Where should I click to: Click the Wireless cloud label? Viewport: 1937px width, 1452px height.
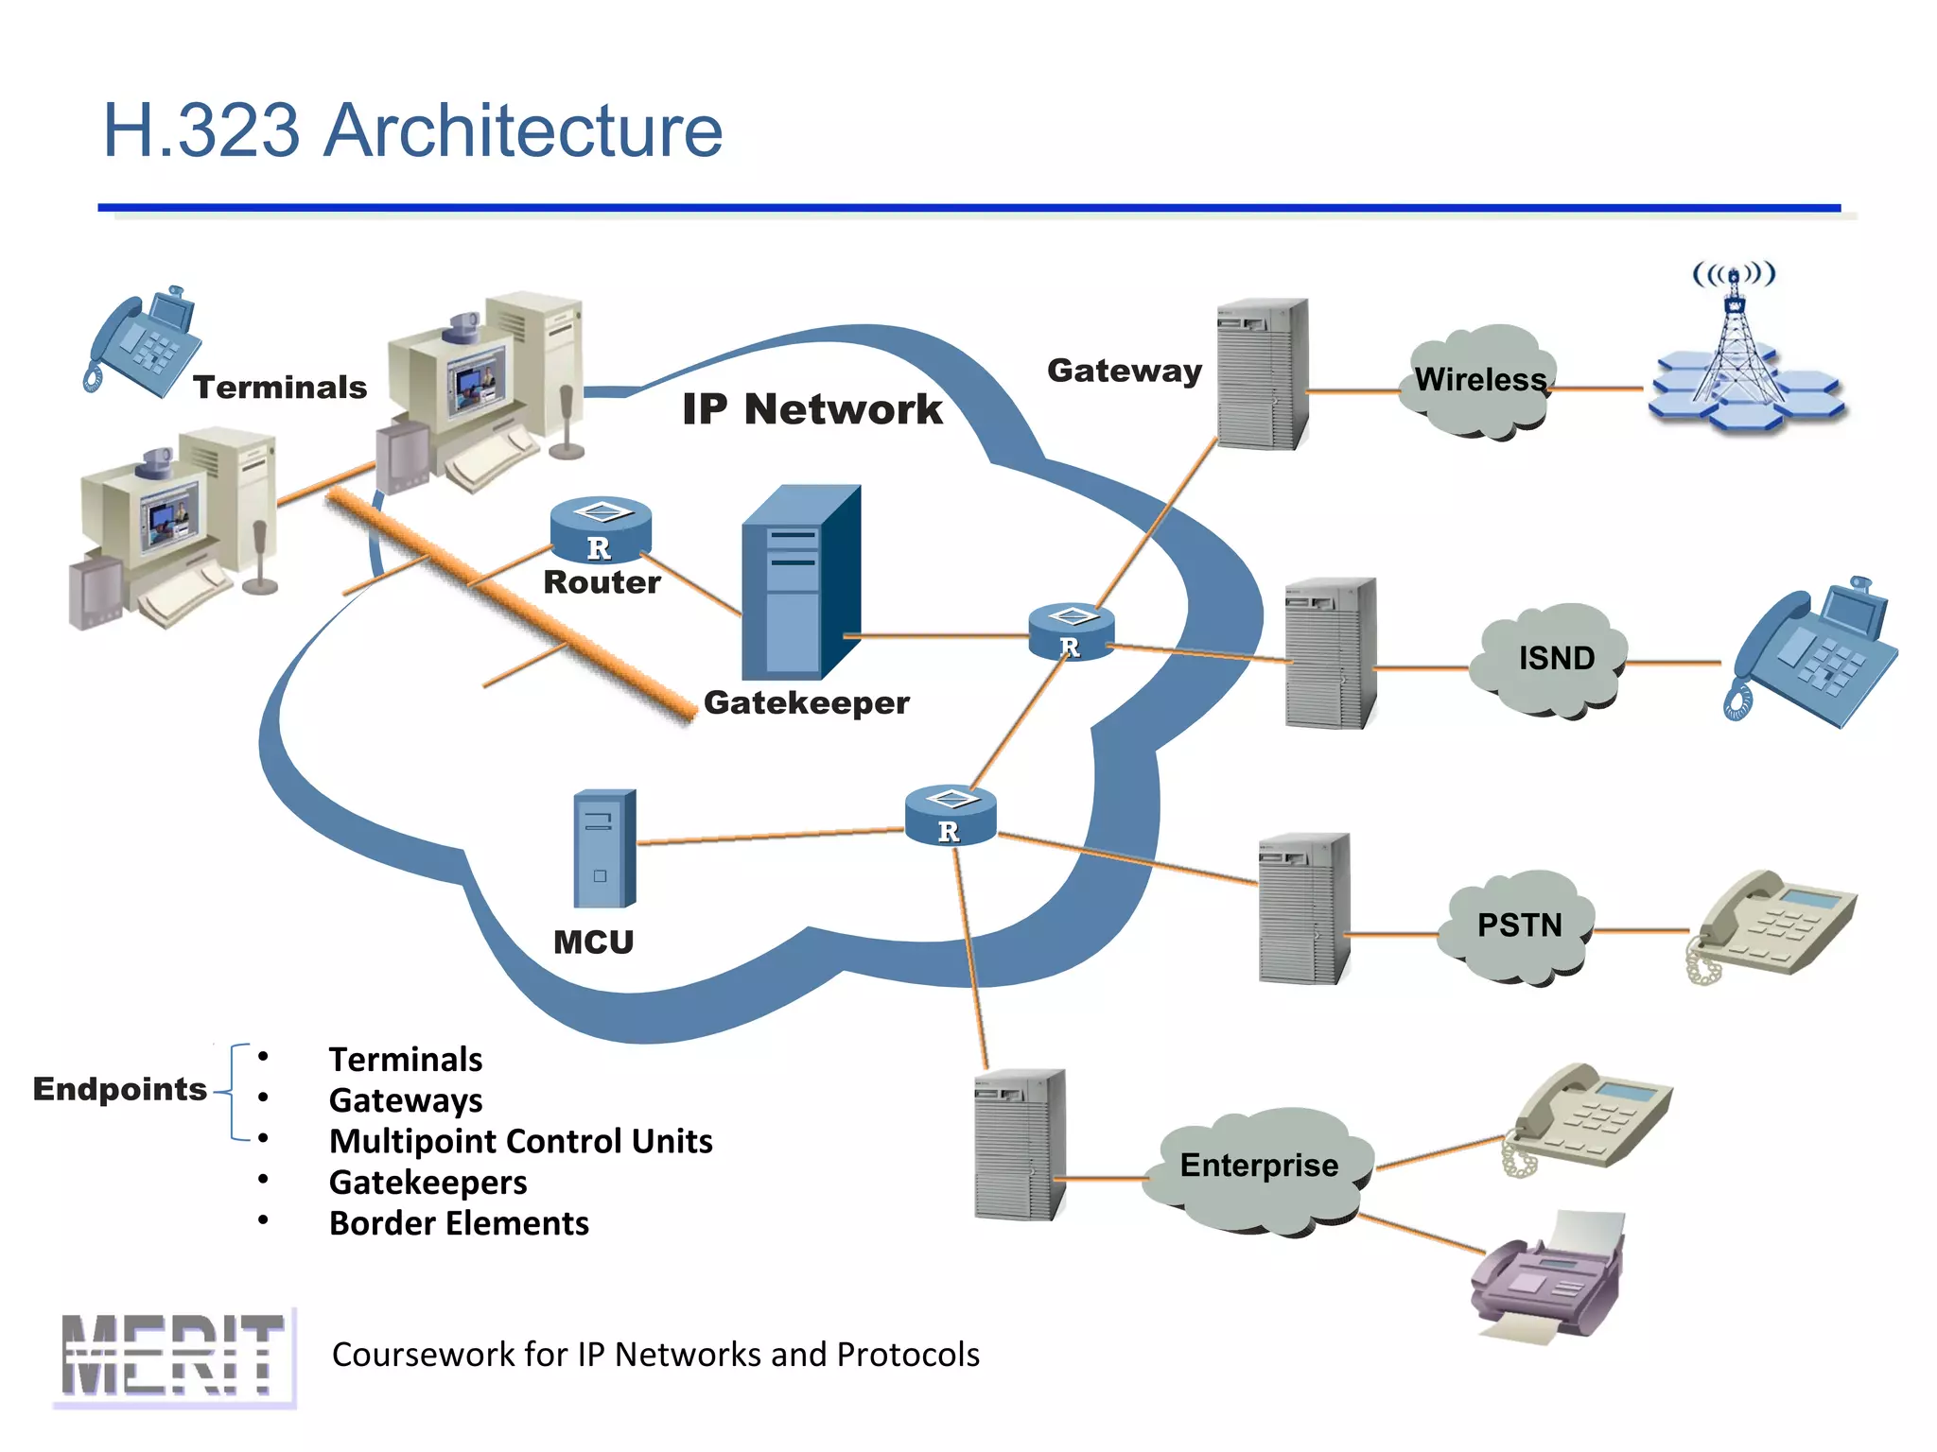tap(1480, 380)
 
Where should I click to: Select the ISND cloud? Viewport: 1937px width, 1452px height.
tap(1555, 658)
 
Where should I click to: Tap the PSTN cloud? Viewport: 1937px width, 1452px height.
tap(1519, 925)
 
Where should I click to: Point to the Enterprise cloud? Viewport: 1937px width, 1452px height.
tap(1259, 1166)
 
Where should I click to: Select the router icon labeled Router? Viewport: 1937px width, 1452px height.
tap(601, 529)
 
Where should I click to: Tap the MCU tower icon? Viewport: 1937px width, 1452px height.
tap(604, 849)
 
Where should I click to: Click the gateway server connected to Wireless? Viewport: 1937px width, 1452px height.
tap(1263, 374)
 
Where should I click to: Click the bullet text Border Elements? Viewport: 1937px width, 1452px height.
tap(459, 1223)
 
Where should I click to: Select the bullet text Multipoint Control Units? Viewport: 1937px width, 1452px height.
tap(520, 1141)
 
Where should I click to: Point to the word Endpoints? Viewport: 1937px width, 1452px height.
tap(120, 1089)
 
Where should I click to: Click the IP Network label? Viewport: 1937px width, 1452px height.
tap(811, 409)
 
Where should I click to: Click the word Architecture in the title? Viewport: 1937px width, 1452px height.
tap(523, 130)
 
